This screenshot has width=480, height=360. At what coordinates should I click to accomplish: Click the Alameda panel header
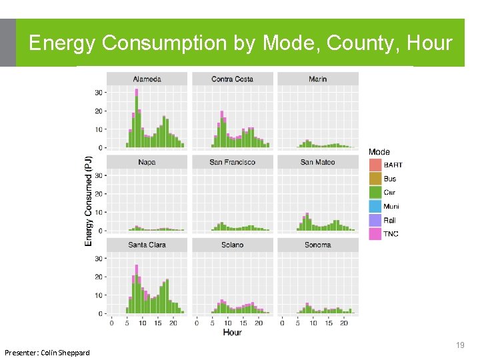coord(147,79)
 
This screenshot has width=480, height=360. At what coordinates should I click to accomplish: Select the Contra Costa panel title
coord(232,79)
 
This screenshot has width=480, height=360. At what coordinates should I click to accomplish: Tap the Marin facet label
coord(318,79)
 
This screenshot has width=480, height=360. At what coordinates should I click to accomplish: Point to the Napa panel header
coord(147,162)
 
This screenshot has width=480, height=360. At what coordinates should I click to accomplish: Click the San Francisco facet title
coord(232,162)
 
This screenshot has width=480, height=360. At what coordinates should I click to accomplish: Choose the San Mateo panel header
coord(318,162)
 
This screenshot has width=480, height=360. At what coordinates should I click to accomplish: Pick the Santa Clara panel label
coord(147,245)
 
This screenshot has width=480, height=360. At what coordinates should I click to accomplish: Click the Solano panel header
coord(232,245)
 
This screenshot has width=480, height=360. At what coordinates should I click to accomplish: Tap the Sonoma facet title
coord(318,245)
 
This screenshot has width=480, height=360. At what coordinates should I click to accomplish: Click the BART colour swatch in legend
coord(375,165)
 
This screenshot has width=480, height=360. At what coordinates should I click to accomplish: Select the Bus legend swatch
coord(375,179)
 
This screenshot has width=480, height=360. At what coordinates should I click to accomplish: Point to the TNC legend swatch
coord(375,234)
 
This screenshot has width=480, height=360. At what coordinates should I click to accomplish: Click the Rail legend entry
coord(390,220)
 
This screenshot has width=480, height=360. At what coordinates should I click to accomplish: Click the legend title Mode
coord(379,152)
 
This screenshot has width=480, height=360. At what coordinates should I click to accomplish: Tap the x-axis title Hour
coord(232,332)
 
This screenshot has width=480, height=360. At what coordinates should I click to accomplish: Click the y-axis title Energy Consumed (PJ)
coord(89,201)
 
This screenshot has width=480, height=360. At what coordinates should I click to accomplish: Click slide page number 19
coord(459,345)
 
